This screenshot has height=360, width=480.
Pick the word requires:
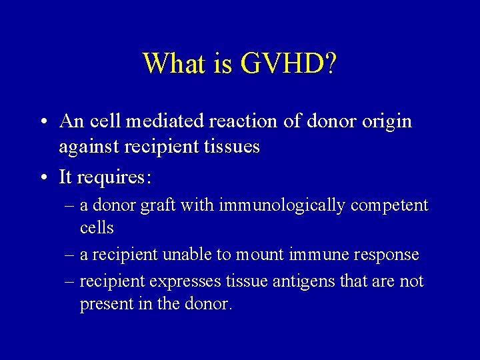click(x=114, y=177)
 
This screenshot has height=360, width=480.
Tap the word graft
click(x=156, y=205)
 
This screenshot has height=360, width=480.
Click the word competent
click(x=389, y=205)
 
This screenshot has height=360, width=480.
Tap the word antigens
click(x=303, y=282)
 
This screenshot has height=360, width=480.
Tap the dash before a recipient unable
click(x=69, y=255)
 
